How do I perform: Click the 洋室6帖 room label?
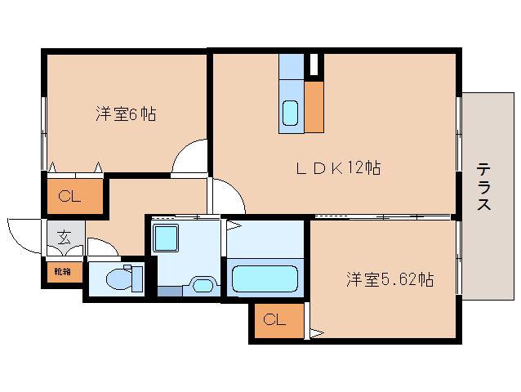[x=125, y=114]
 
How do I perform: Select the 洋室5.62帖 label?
[x=389, y=280]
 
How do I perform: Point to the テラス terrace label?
[x=483, y=187]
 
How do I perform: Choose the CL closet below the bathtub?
[x=274, y=320]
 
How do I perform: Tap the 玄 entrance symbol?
[x=63, y=238]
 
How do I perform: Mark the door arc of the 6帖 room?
[x=191, y=156]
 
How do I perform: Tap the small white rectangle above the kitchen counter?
[x=312, y=64]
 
